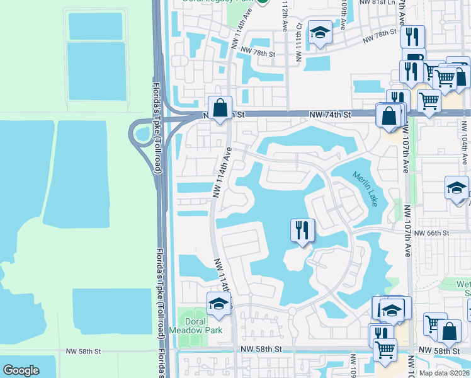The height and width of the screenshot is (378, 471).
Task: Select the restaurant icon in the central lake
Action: (x=302, y=230)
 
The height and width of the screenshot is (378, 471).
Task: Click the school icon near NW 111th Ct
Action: (x=321, y=34)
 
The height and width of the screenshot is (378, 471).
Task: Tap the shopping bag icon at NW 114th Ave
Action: (x=220, y=108)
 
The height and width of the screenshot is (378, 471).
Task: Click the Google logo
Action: (x=21, y=370)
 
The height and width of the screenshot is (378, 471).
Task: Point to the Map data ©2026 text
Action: (x=445, y=373)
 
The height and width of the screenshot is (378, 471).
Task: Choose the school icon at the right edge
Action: (x=457, y=188)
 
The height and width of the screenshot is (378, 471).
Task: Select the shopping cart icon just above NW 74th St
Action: (x=428, y=100)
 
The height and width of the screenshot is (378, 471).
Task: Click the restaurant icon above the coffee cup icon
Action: (x=412, y=37)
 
